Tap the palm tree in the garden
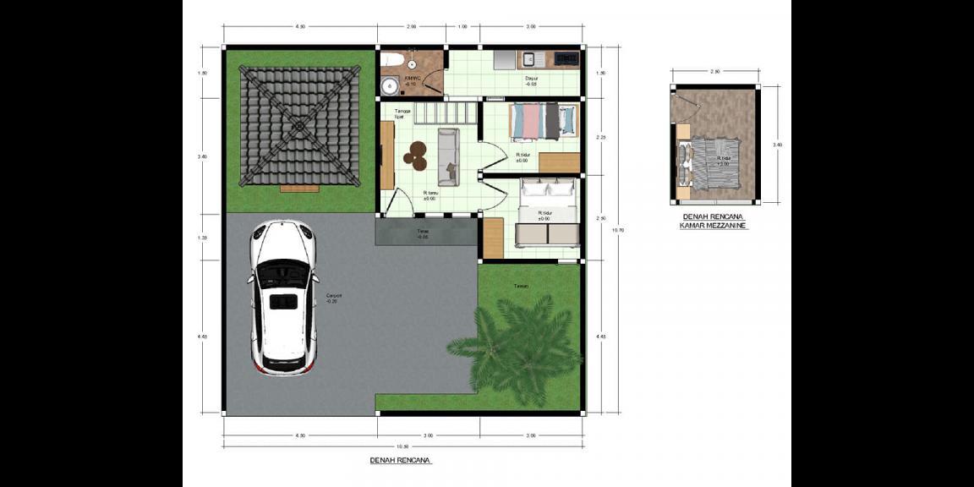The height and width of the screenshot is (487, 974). click(x=517, y=347)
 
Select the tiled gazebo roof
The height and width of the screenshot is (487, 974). click(x=299, y=126)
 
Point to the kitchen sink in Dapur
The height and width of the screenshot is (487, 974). click(x=528, y=58)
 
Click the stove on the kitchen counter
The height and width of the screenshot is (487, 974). click(x=566, y=58)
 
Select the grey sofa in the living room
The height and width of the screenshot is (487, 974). click(x=448, y=156)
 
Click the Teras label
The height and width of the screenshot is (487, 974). click(x=423, y=233)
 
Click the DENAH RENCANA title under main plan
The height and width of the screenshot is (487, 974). click(x=401, y=461)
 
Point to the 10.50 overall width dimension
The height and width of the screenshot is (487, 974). click(x=402, y=446)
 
